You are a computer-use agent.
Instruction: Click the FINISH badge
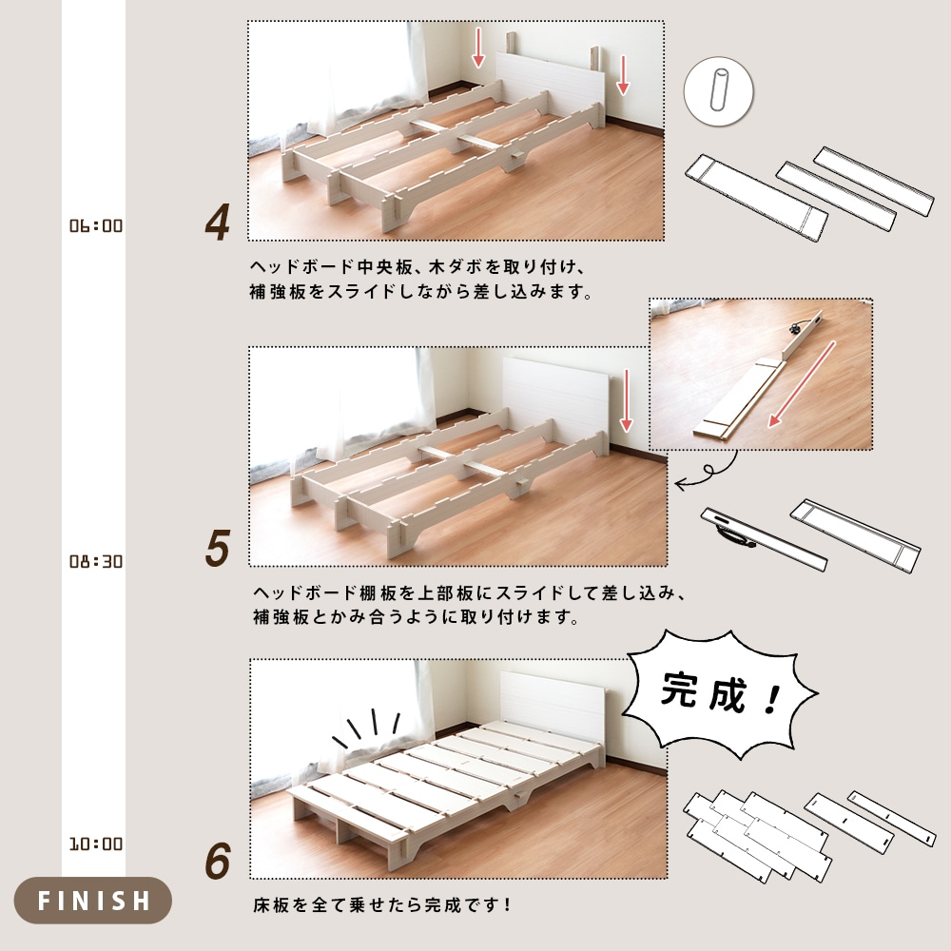click(x=93, y=900)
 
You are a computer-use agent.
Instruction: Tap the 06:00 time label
click(x=96, y=226)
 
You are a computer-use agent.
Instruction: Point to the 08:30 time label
click(x=96, y=561)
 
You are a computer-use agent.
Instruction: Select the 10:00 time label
click(x=96, y=844)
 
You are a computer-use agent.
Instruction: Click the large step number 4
click(x=218, y=223)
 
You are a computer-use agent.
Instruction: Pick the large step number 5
click(x=218, y=550)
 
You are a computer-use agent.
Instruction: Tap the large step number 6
click(x=218, y=862)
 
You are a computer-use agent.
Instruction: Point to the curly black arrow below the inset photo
click(x=708, y=472)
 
